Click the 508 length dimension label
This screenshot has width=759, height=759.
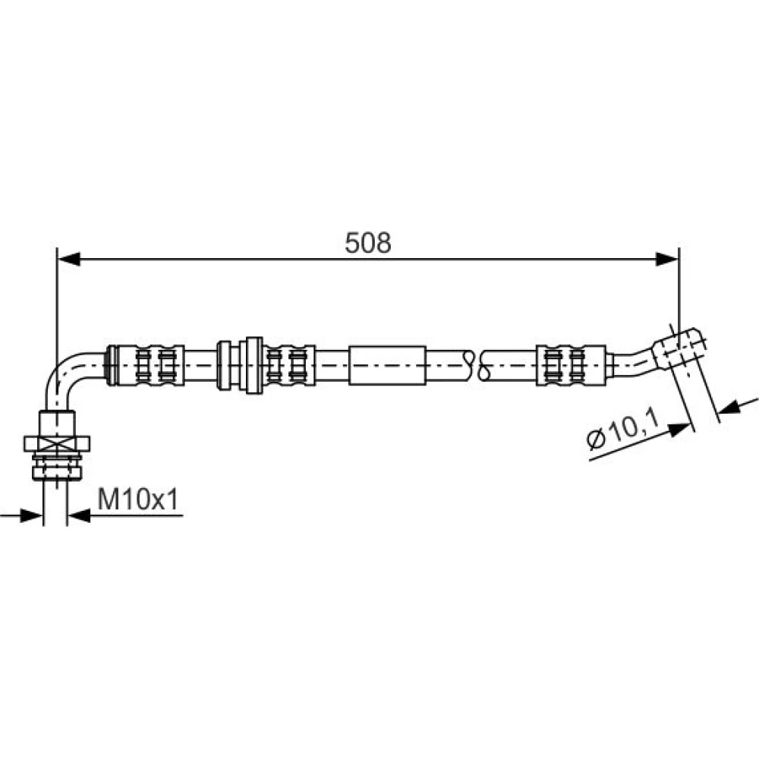(x=368, y=243)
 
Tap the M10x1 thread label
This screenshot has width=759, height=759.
(x=138, y=499)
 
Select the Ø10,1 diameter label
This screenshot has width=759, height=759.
(x=623, y=429)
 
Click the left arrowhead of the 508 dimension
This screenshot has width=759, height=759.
(x=69, y=260)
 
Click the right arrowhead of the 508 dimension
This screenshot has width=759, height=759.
(x=667, y=260)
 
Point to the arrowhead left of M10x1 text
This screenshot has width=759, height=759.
(x=79, y=515)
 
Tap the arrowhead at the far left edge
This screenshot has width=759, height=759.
(x=31, y=515)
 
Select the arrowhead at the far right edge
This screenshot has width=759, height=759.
(x=729, y=408)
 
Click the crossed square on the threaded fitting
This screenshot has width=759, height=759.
(x=57, y=443)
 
